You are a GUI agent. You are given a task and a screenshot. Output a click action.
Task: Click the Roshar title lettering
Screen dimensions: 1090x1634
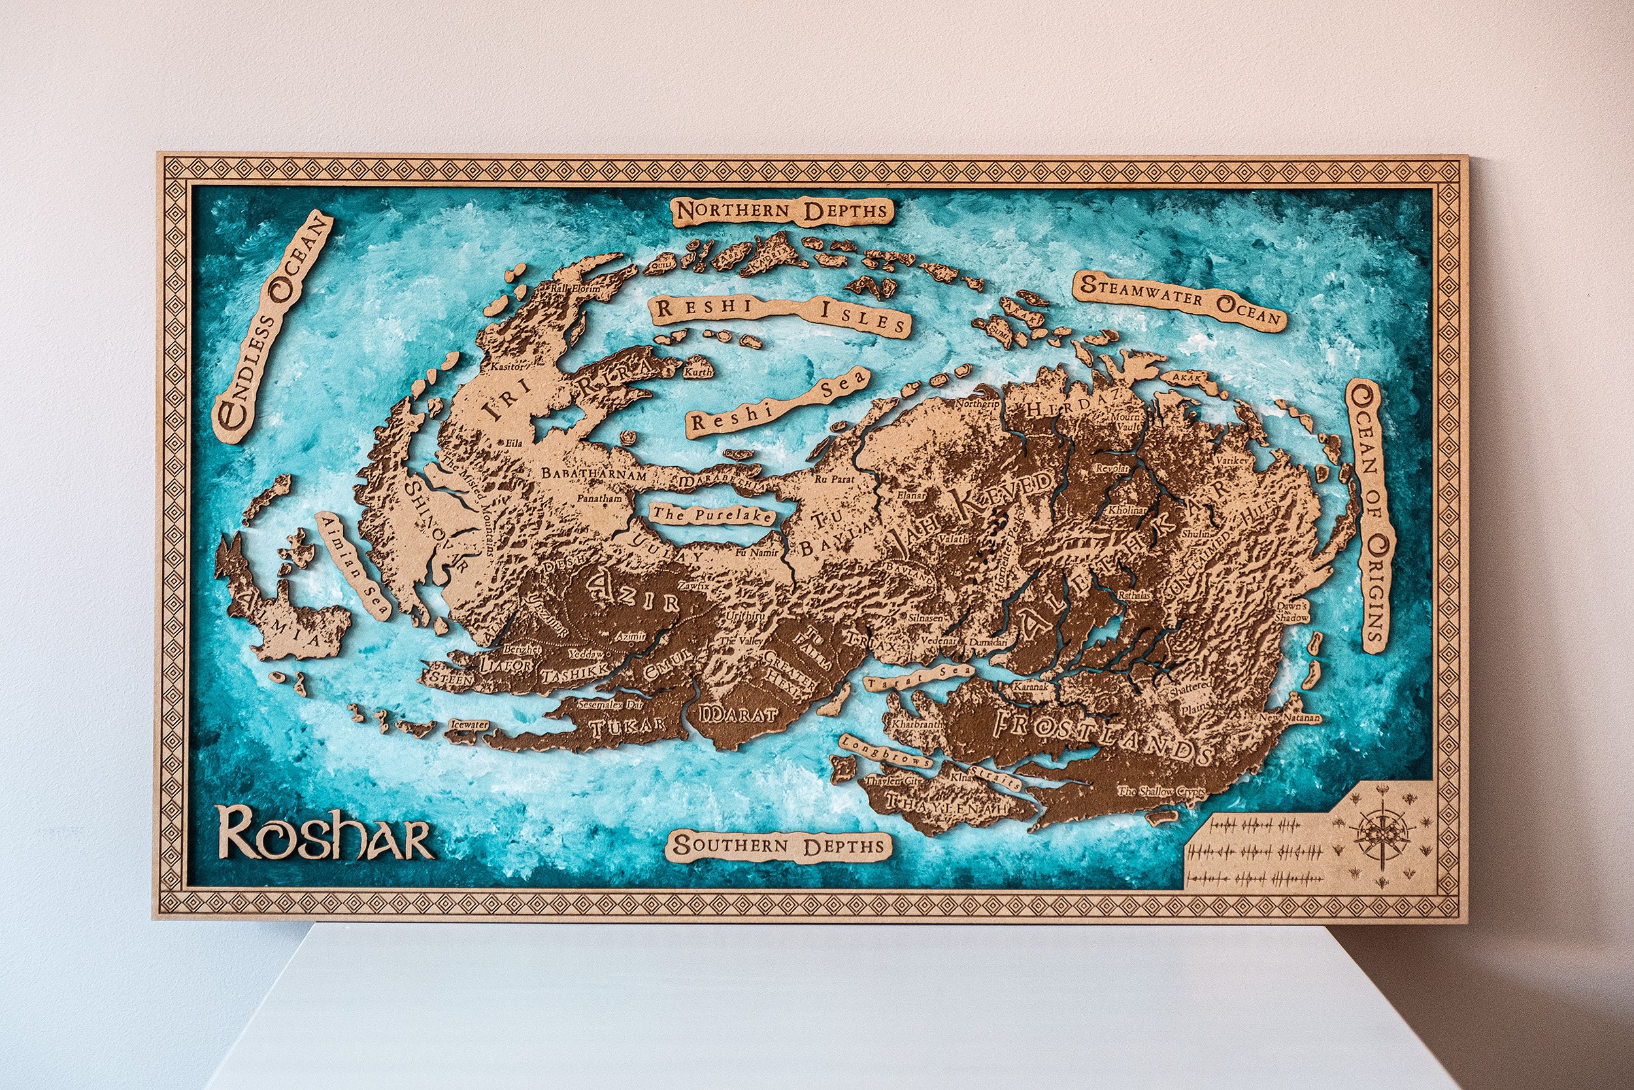pyautogui.click(x=325, y=834)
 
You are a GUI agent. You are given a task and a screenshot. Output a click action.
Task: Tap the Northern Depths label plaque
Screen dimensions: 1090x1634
pyautogui.click(x=783, y=211)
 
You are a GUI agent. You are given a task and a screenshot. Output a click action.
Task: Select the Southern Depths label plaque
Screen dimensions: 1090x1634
pyautogui.click(x=780, y=846)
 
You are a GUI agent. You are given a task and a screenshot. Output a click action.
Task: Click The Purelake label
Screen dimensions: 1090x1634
pyautogui.click(x=711, y=515)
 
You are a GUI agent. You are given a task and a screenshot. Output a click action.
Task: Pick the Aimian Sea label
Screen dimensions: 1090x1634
pyautogui.click(x=354, y=564)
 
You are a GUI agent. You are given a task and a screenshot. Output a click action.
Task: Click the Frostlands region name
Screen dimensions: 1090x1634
pyautogui.click(x=1105, y=736)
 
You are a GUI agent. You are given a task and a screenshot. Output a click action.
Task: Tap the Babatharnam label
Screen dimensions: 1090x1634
pyautogui.click(x=594, y=474)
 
